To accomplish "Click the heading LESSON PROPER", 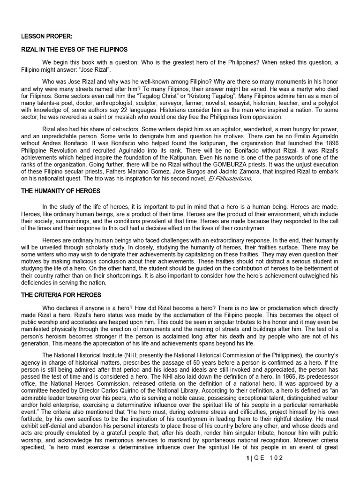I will coord(46,36).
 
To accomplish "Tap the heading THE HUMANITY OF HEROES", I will coord(60,191).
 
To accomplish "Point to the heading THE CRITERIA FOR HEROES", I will coord(61,295).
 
